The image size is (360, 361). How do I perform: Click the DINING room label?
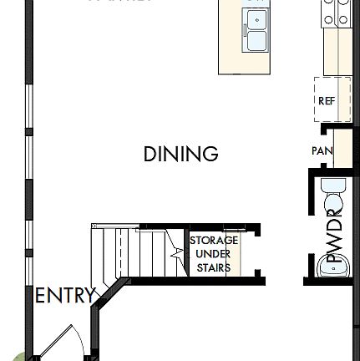(180, 155)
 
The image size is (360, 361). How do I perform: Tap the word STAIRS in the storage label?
(215, 268)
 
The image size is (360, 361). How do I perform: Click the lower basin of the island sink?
(256, 40)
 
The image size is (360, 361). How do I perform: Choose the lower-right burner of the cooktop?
(342, 18)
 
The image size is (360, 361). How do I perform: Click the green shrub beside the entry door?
(18, 356)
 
